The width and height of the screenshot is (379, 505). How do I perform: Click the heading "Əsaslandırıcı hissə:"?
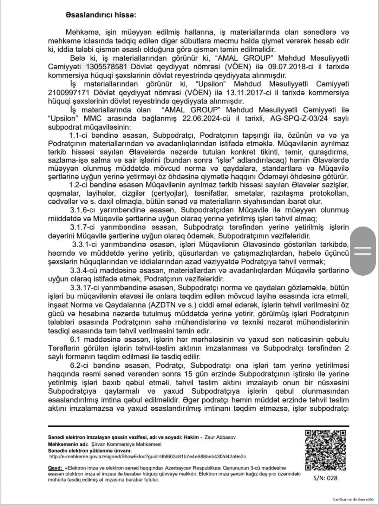(x=100, y=15)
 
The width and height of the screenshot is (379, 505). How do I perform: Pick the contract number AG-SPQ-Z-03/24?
(x=299, y=118)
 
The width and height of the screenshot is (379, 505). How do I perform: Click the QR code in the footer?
(x=325, y=450)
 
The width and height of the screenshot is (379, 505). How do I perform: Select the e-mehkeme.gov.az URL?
(x=148, y=457)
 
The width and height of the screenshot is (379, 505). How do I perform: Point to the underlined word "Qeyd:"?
(x=54, y=468)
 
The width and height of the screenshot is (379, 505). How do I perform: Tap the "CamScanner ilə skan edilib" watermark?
(x=353, y=499)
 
